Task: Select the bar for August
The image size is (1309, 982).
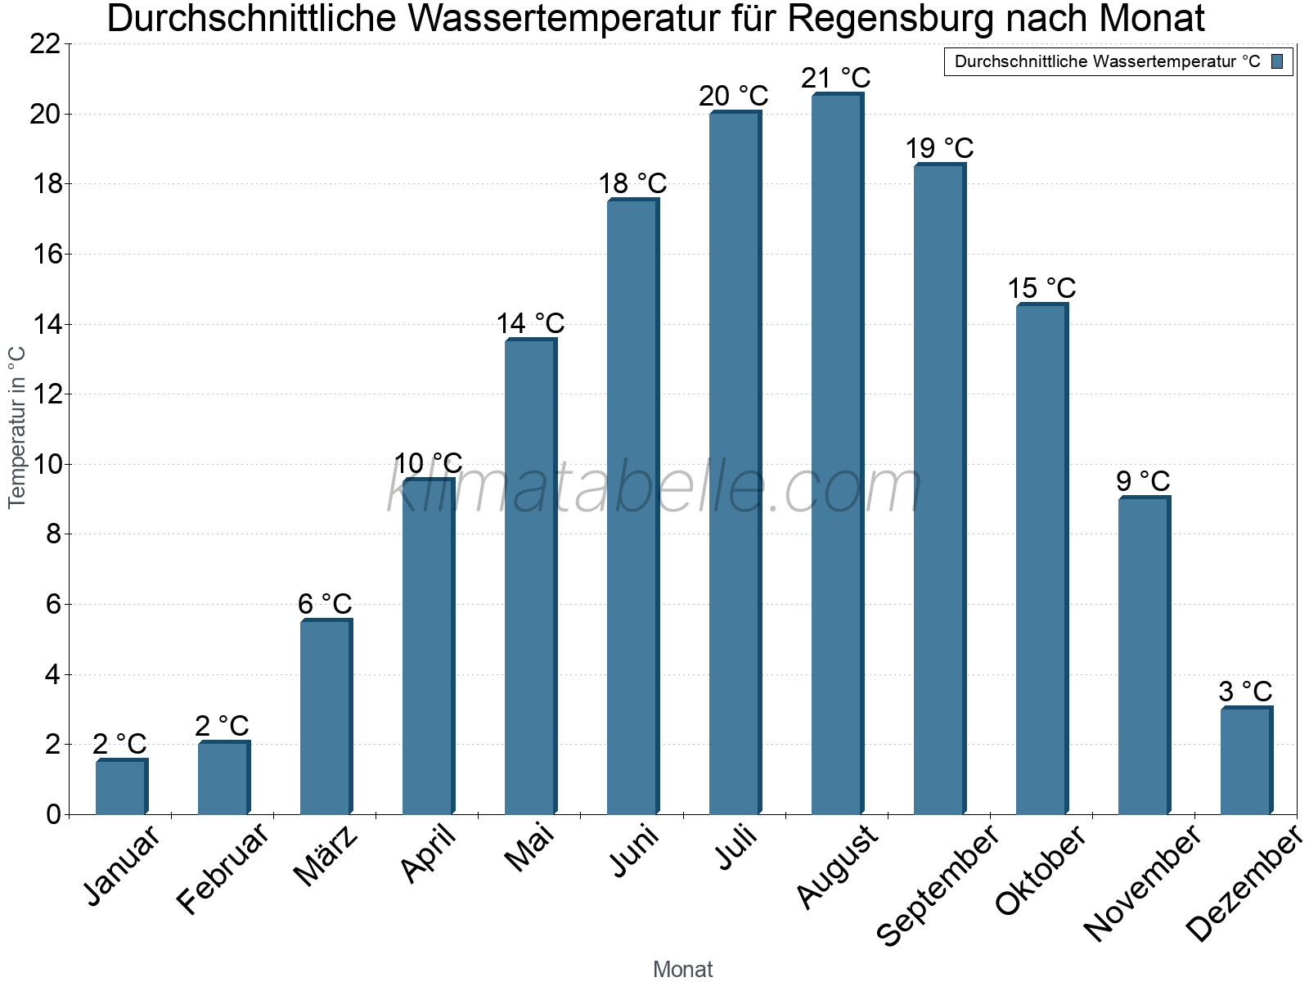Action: pos(836,454)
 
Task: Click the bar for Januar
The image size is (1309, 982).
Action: pos(121,787)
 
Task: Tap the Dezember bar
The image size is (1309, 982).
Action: pos(1245,761)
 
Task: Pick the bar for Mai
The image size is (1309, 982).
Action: pos(530,577)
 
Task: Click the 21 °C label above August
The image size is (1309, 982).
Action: pos(836,79)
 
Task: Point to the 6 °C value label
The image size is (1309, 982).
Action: pos(325,605)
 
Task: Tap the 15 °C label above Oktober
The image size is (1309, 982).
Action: pos(1041,289)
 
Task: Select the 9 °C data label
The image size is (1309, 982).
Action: pos(1143,481)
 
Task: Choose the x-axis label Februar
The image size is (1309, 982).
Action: pos(223,869)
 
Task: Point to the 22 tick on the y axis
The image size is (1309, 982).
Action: pos(45,44)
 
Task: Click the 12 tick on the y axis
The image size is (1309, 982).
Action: pos(45,394)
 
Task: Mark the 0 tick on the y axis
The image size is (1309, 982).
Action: pos(54,814)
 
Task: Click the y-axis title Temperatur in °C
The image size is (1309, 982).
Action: pos(17,427)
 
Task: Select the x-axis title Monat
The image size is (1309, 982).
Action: pos(682,969)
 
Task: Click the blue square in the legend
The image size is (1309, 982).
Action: pos(1277,61)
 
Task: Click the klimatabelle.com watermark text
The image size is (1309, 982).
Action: pos(654,488)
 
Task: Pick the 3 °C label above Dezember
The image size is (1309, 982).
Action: pos(1245,691)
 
